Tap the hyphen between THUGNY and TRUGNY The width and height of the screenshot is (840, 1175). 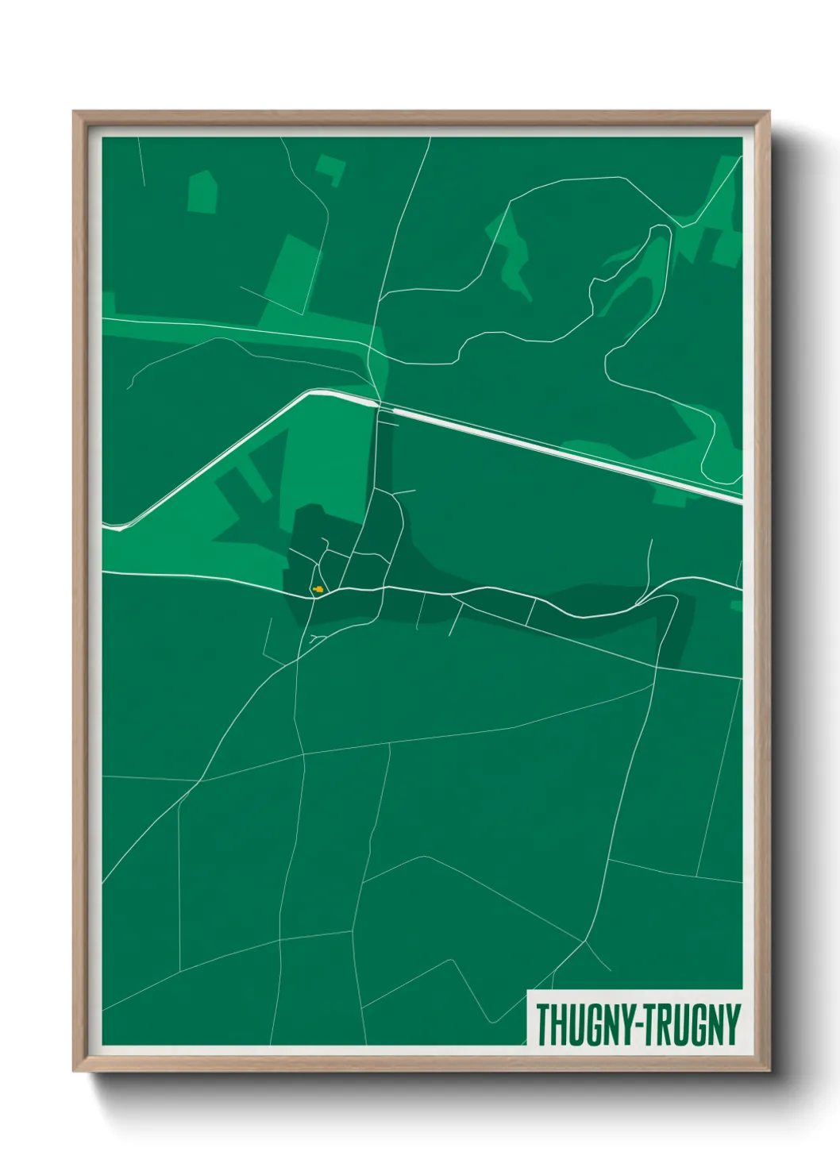634,1027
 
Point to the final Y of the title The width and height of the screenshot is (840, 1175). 731,1025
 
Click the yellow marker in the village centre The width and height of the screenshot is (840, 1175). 318,589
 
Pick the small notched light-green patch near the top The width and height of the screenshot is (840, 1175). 331,169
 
